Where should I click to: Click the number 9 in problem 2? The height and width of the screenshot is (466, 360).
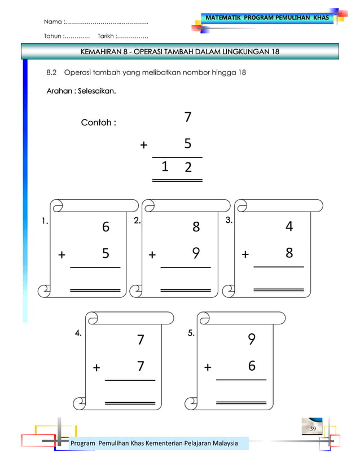[196, 253]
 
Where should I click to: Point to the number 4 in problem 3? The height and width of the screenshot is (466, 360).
[289, 227]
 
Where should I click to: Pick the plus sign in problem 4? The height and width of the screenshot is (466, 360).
[96, 368]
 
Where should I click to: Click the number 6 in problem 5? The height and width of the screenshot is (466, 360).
[252, 366]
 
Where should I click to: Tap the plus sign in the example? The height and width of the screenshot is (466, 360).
[143, 145]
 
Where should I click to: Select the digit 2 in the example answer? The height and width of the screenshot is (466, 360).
[187, 168]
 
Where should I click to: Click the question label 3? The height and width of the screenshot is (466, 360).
[229, 221]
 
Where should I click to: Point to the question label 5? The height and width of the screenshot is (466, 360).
[191, 333]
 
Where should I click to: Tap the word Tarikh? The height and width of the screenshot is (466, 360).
[105, 37]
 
